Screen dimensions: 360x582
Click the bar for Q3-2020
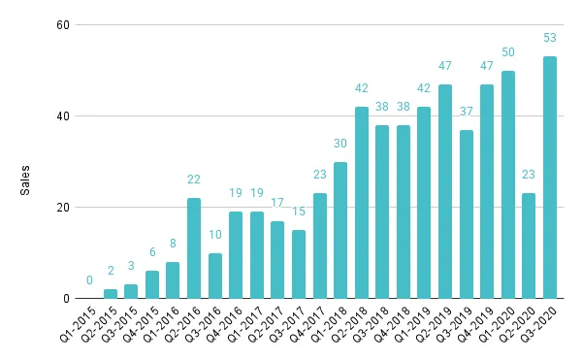pyautogui.click(x=550, y=178)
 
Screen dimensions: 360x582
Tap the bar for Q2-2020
pyautogui.click(x=529, y=246)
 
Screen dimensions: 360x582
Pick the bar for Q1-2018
pyautogui.click(x=340, y=230)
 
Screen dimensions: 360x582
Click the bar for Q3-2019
pyautogui.click(x=466, y=214)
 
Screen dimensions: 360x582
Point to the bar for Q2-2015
pyautogui.click(x=111, y=294)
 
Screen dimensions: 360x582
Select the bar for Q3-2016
pyautogui.click(x=214, y=276)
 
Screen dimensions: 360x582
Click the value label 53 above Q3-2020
pyautogui.click(x=550, y=38)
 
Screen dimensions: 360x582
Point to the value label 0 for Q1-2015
pyautogui.click(x=89, y=281)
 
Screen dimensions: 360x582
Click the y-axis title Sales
pyautogui.click(x=27, y=180)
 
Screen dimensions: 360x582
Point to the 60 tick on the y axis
pyautogui.click(x=60, y=25)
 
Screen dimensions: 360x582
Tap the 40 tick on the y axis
pyautogui.click(x=60, y=116)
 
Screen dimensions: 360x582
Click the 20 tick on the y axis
pyautogui.click(x=60, y=208)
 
